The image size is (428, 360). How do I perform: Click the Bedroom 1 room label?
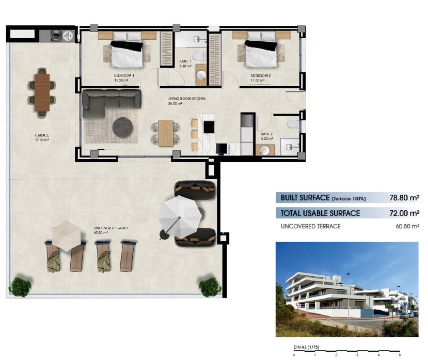pyautogui.click(x=124, y=75)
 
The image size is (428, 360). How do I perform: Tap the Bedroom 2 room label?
pyautogui.click(x=260, y=75)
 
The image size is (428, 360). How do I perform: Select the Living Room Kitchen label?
pyautogui.click(x=187, y=99)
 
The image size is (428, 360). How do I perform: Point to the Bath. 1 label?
pyautogui.click(x=185, y=61)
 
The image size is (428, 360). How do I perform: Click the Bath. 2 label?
pyautogui.click(x=267, y=134)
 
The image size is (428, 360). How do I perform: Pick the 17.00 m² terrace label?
pyautogui.click(x=42, y=140)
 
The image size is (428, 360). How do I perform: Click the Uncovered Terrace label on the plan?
pyautogui.click(x=112, y=228)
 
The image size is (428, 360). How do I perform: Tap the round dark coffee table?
pyautogui.click(x=122, y=127)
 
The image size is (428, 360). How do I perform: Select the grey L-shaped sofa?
pyautogui.click(x=112, y=100)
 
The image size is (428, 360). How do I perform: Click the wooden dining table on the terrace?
pyautogui.click(x=42, y=92)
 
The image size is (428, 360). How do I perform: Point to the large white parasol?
pyautogui.click(x=180, y=216)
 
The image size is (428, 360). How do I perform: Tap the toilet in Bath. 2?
pyautogui.click(x=293, y=124)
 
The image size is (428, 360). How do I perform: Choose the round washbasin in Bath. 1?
pyautogui.click(x=201, y=75)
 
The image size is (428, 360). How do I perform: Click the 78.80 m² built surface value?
pyautogui.click(x=404, y=197)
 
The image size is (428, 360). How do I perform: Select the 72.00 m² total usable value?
pyautogui.click(x=404, y=213)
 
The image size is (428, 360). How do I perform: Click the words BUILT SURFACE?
pyautogui.click(x=305, y=198)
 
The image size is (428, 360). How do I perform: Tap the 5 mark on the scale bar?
pyautogui.click(x=400, y=355)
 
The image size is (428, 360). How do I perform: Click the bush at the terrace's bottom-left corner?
pyautogui.click(x=20, y=287)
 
